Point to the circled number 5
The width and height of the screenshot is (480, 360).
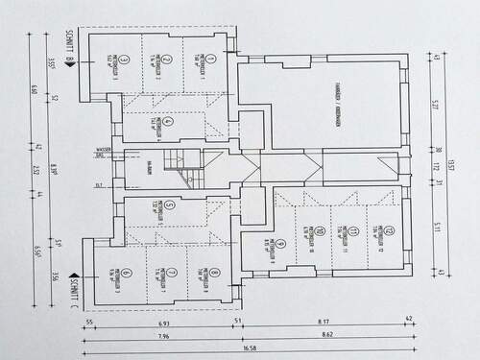point(168,204)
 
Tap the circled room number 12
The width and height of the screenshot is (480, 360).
point(380,230)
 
